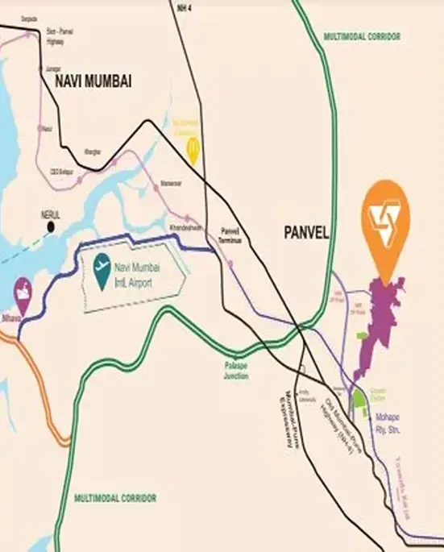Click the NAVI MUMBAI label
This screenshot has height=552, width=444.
click(x=93, y=81)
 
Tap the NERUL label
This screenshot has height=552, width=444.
click(x=51, y=215)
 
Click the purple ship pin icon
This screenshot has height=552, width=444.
click(x=26, y=288)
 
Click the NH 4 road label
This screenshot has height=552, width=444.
click(x=184, y=7)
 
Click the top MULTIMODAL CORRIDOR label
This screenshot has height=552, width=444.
click(x=361, y=36)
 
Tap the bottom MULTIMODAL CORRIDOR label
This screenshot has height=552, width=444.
click(x=115, y=497)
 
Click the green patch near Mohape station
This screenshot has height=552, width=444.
click(x=358, y=398)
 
